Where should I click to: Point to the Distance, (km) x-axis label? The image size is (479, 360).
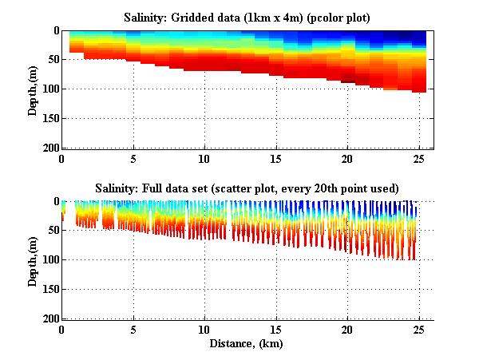247,344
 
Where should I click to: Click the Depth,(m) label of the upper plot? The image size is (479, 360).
33,89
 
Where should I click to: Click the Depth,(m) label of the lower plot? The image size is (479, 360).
33,260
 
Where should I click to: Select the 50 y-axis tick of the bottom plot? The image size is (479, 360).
51,231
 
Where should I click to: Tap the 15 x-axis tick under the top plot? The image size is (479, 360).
275,158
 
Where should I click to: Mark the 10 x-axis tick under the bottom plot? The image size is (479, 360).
204,329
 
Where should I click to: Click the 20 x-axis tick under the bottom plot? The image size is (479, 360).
347,329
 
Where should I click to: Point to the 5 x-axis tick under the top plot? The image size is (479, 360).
133,158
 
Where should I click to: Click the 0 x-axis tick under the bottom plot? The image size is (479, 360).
62,329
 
